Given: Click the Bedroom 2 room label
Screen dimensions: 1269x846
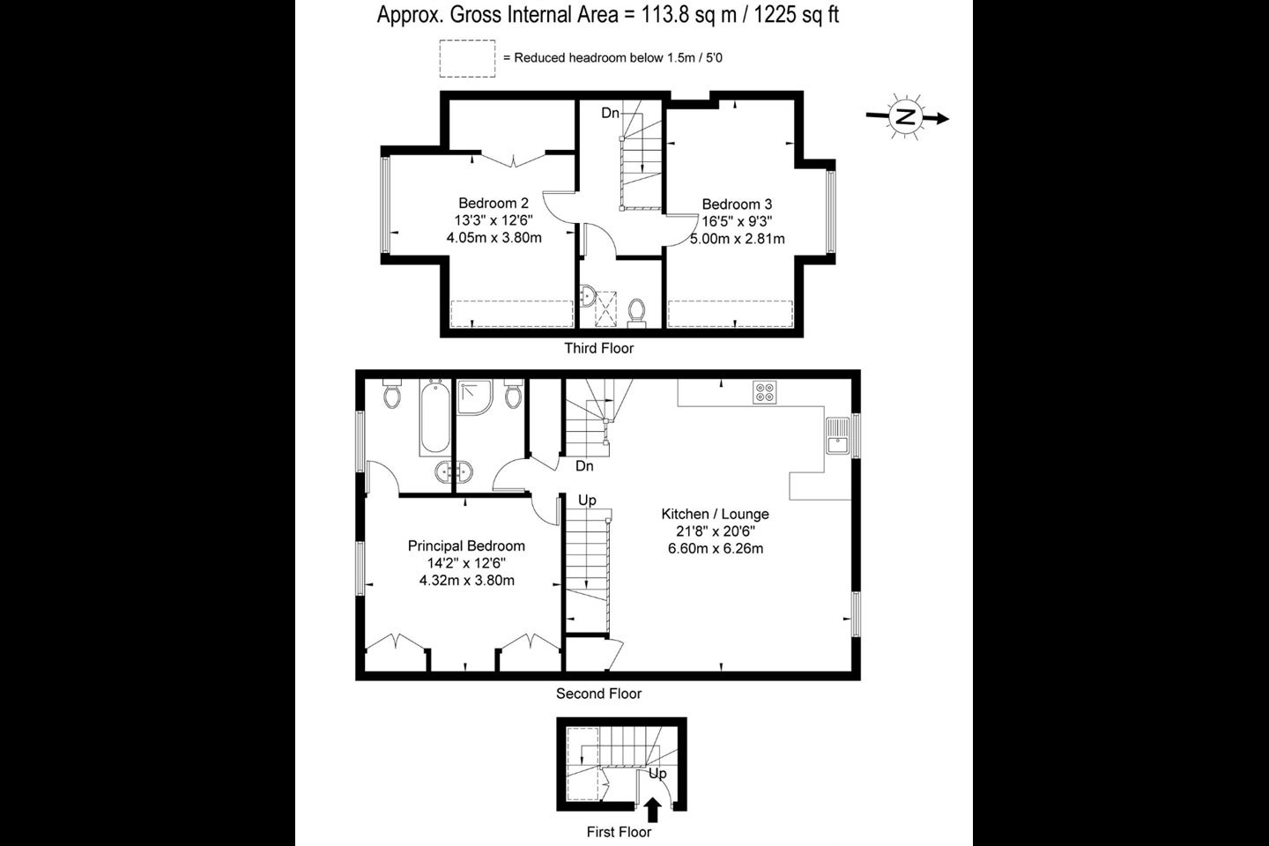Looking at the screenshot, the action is coord(493,203).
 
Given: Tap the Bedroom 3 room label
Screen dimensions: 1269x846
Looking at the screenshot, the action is coord(737,204).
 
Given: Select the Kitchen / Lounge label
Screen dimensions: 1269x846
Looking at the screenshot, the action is coord(715,514).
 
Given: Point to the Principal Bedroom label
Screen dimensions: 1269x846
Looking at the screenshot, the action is coord(466,545).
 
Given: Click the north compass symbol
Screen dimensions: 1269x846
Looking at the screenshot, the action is coord(907,116).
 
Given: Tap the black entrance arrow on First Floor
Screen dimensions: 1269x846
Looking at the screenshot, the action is coord(653,810).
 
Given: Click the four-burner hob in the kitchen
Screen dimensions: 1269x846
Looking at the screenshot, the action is coord(765,393).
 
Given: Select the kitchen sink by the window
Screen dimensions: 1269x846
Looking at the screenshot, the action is coord(838,435).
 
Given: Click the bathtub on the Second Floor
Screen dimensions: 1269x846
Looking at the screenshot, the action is coord(435,417).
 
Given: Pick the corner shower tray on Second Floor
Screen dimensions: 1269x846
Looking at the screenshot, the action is coord(475,397).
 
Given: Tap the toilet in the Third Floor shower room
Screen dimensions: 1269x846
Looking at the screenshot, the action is coord(637,314).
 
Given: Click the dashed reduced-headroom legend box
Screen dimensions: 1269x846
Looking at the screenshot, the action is coord(467,58).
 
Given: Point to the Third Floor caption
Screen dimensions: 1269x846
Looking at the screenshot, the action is coord(599,348).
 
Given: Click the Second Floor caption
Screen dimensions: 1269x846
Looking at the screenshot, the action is coord(598,694).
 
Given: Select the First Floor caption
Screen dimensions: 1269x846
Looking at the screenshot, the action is coord(619,832).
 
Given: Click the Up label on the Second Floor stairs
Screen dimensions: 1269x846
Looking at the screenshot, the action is coord(587,501).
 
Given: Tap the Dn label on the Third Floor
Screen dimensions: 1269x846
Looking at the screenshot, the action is coord(610,114).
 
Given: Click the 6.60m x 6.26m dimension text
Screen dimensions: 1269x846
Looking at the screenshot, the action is coord(715,548).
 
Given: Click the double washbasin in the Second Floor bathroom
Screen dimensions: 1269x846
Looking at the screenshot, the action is coord(454,471).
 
